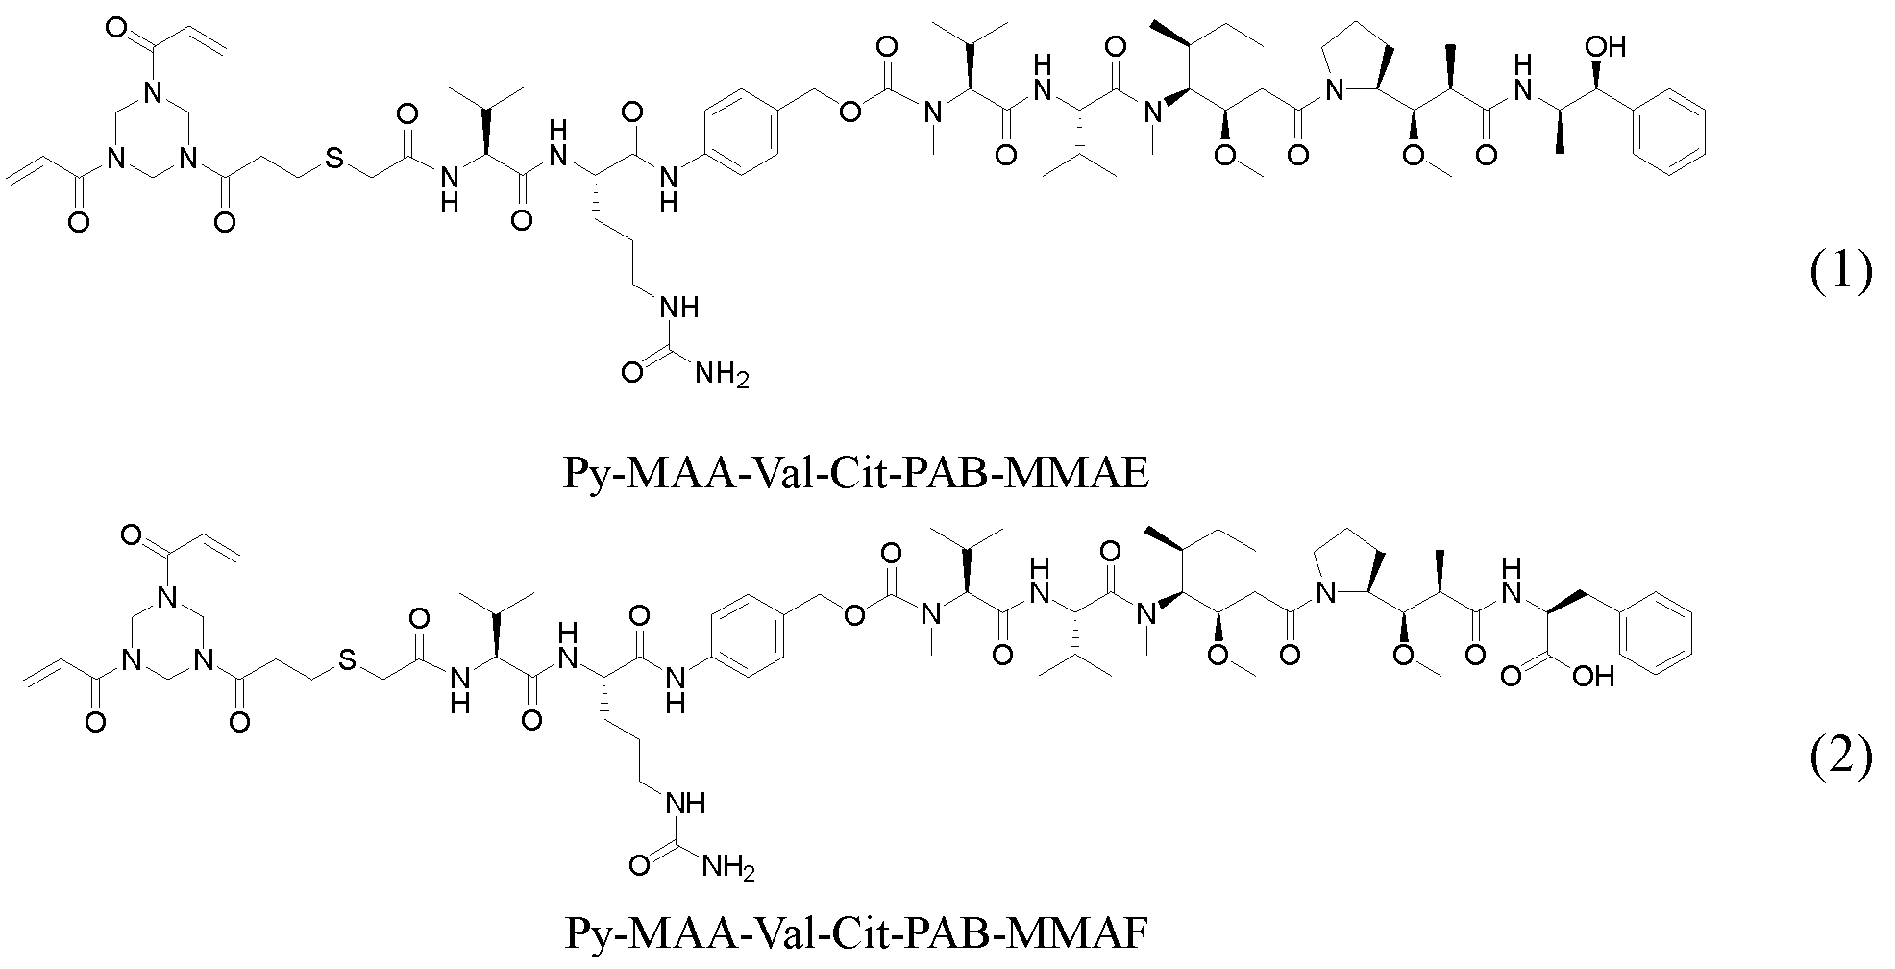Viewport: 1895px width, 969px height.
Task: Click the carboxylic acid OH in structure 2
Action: pos(1592,677)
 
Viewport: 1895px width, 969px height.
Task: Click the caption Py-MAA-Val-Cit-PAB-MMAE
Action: pos(854,473)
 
